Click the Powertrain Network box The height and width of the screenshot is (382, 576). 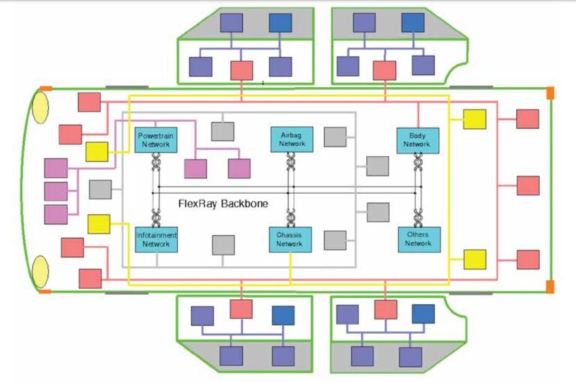click(156, 139)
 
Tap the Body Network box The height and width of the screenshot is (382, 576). click(418, 139)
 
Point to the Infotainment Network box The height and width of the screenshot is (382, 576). click(156, 239)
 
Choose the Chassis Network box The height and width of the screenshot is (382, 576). click(289, 239)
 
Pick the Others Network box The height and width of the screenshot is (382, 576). click(418, 239)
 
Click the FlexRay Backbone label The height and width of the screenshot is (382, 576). click(223, 203)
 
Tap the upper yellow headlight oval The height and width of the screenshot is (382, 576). click(40, 106)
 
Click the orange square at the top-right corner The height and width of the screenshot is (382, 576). click(550, 92)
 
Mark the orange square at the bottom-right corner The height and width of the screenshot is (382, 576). click(550, 286)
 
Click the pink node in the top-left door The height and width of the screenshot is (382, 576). click(241, 70)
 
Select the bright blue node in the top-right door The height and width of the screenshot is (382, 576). click(412, 22)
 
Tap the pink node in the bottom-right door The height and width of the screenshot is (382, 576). click(385, 309)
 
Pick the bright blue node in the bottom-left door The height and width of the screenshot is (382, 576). click(283, 315)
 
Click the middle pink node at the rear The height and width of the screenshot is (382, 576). click(528, 185)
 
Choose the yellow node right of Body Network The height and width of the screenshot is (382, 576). click(474, 119)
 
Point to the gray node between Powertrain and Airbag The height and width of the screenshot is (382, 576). click(223, 130)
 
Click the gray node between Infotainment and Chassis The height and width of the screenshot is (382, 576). click(223, 245)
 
